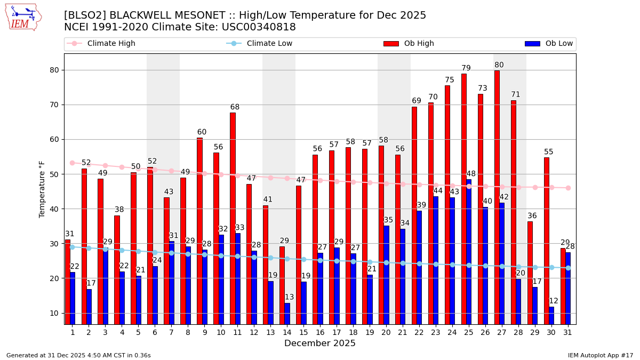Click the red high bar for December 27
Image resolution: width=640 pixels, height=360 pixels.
point(497,197)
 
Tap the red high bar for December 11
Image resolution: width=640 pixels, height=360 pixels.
point(233,219)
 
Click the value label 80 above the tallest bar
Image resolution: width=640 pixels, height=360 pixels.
point(499,65)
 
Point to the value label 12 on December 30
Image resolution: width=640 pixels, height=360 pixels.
point(554,301)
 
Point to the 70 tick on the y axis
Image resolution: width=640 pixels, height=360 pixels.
point(54,105)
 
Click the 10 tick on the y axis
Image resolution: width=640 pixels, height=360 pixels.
point(54,313)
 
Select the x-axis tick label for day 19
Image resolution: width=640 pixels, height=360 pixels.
point(370,332)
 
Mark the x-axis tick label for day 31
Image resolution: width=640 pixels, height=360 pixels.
point(568,332)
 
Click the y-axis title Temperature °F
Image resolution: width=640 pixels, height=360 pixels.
point(42,189)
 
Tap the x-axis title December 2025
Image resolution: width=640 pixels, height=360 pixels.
point(319,343)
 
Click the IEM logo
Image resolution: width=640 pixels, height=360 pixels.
point(23,17)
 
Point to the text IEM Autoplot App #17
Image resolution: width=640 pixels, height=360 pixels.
point(601,355)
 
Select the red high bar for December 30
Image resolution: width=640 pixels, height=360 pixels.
point(547,240)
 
